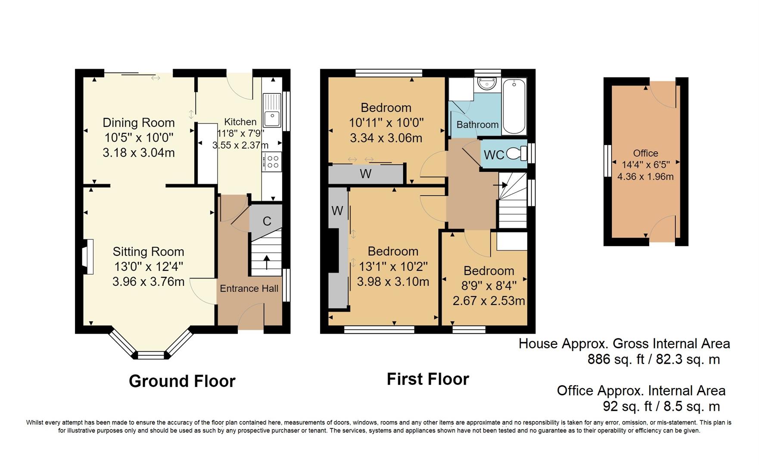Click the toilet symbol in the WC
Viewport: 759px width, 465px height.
pos(517,153)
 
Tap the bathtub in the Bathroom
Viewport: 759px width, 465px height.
pos(514,106)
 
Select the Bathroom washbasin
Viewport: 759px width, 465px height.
pos(487,83)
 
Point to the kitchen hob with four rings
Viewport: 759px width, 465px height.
pos(272,161)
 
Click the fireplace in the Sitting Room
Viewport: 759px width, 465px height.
pos(87,257)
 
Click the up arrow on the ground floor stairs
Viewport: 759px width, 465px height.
pos(267,263)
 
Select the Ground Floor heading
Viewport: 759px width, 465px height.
pos(182,381)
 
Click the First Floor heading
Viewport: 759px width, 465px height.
pos(428,379)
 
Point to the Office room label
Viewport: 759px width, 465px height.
pos(645,153)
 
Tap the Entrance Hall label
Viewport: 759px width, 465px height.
pos(249,288)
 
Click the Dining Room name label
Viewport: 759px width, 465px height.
pos(139,123)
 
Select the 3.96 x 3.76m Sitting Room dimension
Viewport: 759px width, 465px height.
pos(149,282)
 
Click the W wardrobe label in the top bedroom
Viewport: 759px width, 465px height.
pos(366,174)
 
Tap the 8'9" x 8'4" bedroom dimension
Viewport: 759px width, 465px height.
pos(489,285)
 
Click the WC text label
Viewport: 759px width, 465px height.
pos(494,155)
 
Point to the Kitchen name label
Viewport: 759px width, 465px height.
pos(240,122)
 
